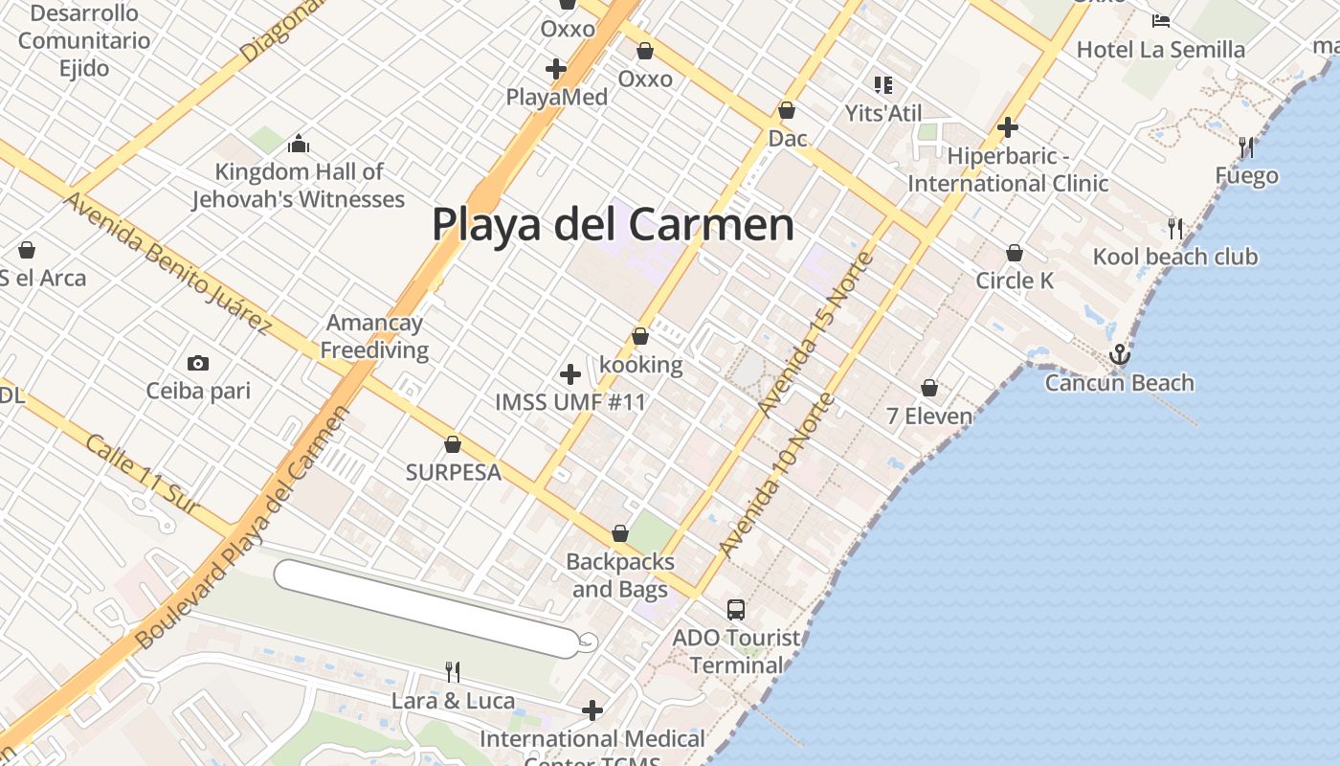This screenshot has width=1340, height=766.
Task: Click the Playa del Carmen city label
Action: pyautogui.click(x=613, y=225)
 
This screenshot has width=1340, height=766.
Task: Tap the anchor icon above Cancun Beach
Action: pyautogui.click(x=1119, y=355)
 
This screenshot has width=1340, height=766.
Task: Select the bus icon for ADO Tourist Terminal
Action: pyautogui.click(x=735, y=609)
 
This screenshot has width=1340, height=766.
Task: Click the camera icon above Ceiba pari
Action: pyautogui.click(x=198, y=363)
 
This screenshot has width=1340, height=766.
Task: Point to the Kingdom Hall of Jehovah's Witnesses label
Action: pyautogui.click(x=299, y=186)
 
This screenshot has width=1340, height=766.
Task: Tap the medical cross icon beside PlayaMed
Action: pyautogui.click(x=555, y=69)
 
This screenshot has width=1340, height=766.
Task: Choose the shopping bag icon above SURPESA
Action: pyautogui.click(x=453, y=445)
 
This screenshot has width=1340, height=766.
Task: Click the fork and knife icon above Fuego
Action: pyautogui.click(x=1245, y=147)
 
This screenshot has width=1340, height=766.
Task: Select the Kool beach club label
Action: pyautogui.click(x=1175, y=257)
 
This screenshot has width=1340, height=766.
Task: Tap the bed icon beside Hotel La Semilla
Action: pyautogui.click(x=1161, y=21)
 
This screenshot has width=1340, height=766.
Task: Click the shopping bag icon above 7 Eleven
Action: pyautogui.click(x=928, y=389)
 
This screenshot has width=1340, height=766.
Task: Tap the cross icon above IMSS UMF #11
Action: pyautogui.click(x=570, y=373)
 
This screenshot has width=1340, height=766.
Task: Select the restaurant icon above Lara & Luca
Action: pyautogui.click(x=453, y=672)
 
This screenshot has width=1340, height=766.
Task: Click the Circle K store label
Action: pyautogui.click(x=1015, y=281)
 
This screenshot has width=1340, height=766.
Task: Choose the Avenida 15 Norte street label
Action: pyautogui.click(x=815, y=334)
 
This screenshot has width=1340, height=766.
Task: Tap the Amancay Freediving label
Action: pyautogui.click(x=374, y=336)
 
